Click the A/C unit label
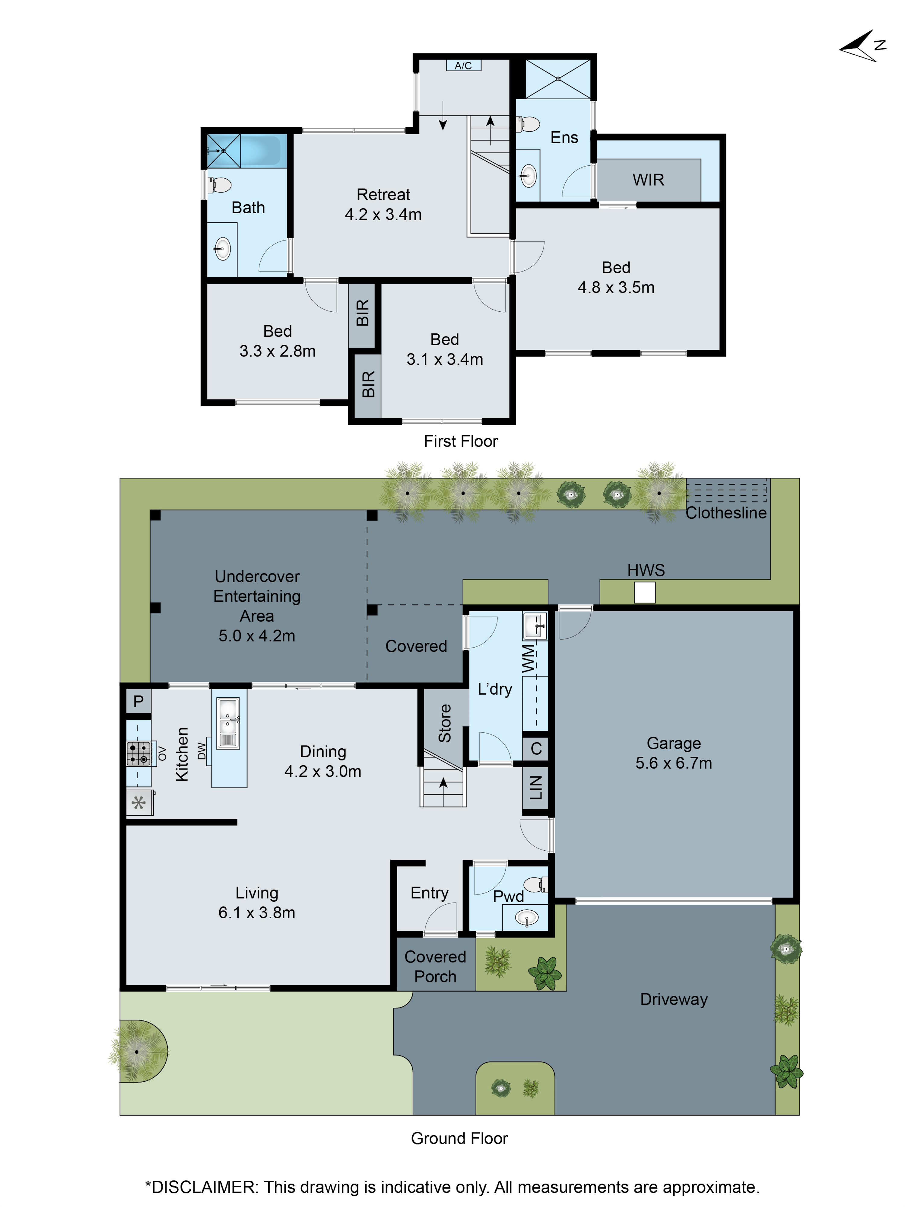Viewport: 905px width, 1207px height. (x=463, y=65)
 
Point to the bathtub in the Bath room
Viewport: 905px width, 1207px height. (x=261, y=151)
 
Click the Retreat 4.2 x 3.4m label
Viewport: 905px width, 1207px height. (x=383, y=204)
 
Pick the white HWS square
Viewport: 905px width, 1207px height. (x=644, y=593)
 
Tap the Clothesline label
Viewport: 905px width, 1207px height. (x=726, y=513)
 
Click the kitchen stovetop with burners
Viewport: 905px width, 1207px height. (x=138, y=753)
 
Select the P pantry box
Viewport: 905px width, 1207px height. (x=138, y=701)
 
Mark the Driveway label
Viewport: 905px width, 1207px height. (x=674, y=999)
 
